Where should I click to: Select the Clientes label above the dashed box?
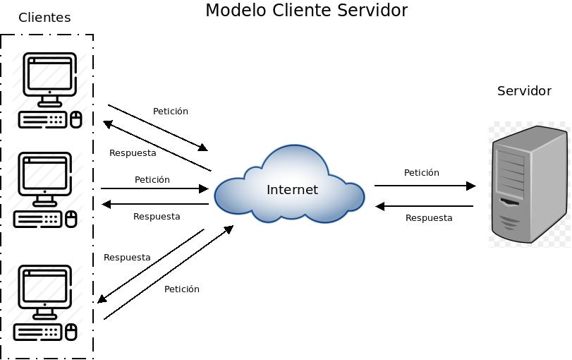point(44,18)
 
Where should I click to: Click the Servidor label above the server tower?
point(524,91)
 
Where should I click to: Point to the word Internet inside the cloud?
point(292,190)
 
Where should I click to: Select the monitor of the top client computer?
point(49,76)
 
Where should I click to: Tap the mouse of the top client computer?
point(75,119)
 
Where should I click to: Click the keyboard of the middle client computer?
point(38,220)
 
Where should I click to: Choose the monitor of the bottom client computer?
point(44,289)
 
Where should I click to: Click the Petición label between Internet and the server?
point(421,173)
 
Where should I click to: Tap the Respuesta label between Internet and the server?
point(429,218)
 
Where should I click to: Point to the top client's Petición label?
point(171,112)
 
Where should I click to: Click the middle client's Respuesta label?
point(157,217)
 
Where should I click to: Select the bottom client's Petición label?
point(181,289)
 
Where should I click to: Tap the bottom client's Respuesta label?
point(127,258)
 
